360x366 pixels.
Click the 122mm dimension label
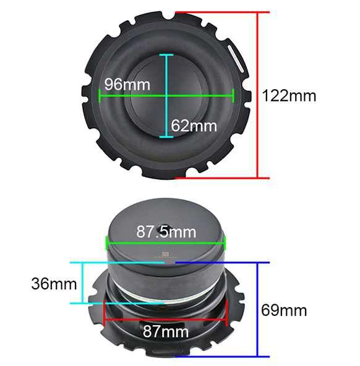pyautogui.click(x=289, y=96)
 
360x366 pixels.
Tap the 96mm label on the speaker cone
pyautogui.click(x=127, y=84)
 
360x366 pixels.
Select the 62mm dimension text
pyautogui.click(x=194, y=126)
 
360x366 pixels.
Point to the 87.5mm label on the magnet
pyautogui.click(x=166, y=232)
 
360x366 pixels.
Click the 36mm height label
pyautogui.click(x=54, y=284)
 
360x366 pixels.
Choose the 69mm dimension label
pyautogui.click(x=284, y=310)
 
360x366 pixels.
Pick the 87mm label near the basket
pyautogui.click(x=166, y=331)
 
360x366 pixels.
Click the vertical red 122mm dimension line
pyautogui.click(x=258, y=95)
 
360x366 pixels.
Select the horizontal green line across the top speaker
pyautogui.click(x=166, y=95)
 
